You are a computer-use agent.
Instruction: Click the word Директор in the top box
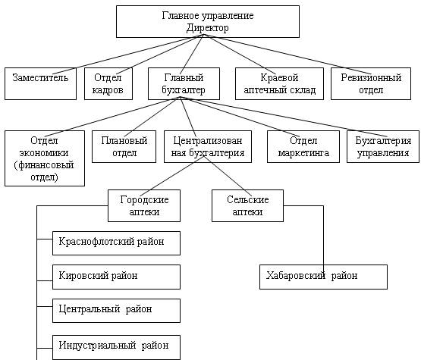[x=208, y=28]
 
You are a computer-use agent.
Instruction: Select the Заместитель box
[x=40, y=83]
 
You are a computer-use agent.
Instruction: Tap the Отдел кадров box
[x=108, y=83]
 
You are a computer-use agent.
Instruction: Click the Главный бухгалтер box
[x=184, y=83]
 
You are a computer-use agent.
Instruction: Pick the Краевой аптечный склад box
[x=279, y=83]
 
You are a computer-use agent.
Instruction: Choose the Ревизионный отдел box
[x=371, y=83]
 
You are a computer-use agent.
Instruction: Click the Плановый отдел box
[x=124, y=147]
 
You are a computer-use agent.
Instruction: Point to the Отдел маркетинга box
[x=303, y=147]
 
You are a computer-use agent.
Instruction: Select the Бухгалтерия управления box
[x=383, y=147]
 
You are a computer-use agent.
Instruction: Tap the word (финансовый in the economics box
[x=44, y=165]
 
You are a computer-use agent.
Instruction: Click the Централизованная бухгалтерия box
[x=208, y=147]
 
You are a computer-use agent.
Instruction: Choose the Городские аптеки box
[x=144, y=205]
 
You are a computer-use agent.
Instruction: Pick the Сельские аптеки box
[x=247, y=205]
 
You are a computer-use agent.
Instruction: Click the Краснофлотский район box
[x=116, y=243]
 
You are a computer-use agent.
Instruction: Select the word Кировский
[x=82, y=276]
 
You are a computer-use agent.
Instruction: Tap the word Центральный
[x=90, y=309]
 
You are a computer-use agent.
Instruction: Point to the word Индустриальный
[x=97, y=346]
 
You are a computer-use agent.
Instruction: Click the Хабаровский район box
[x=324, y=277]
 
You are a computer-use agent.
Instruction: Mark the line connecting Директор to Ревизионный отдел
[x=287, y=55]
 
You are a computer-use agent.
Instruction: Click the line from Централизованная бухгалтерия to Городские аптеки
[x=172, y=177]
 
